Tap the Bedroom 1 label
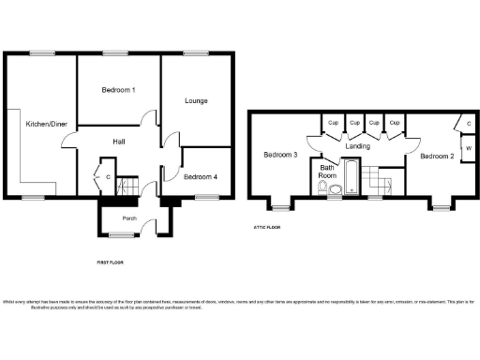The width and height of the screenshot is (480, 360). click(119, 90)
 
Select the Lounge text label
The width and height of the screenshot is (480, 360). click(195, 100)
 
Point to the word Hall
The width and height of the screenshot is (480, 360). click(119, 141)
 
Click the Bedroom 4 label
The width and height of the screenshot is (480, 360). click(200, 176)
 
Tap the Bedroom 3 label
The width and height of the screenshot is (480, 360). click(280, 155)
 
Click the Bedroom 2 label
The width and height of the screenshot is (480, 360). click(436, 156)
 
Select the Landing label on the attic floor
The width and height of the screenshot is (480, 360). click(356, 147)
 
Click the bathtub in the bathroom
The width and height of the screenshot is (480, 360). click(350, 178)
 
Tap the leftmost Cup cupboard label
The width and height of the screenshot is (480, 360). click(334, 123)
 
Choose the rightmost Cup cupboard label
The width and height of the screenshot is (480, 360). click(395, 123)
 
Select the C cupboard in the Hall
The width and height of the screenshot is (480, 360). click(108, 176)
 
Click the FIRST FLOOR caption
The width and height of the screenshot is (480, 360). click(110, 264)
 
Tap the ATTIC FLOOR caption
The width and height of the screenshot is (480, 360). click(267, 226)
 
